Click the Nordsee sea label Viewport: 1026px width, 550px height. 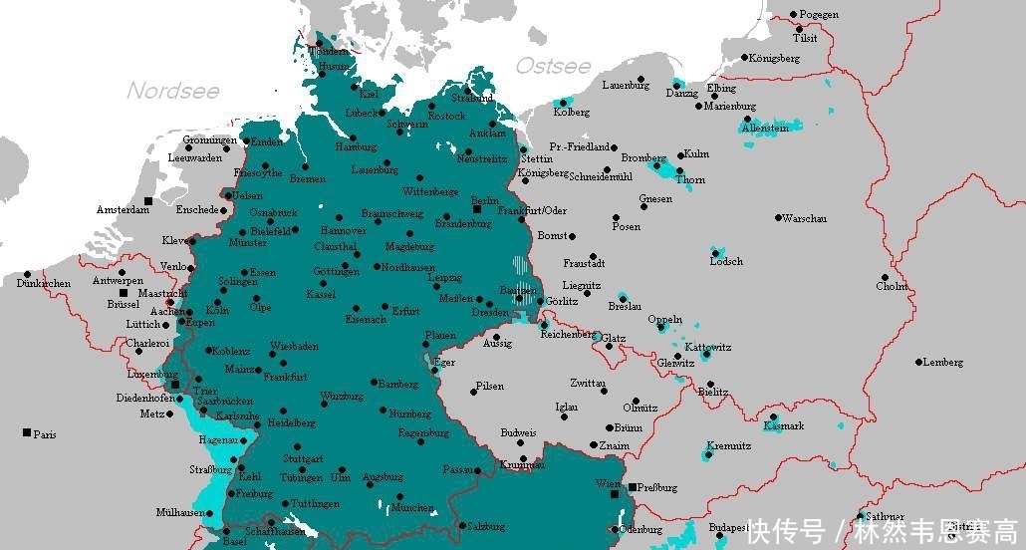(x=172, y=91)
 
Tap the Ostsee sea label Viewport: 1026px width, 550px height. (x=553, y=66)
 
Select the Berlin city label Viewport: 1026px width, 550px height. (x=484, y=199)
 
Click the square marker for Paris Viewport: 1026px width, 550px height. (x=26, y=432)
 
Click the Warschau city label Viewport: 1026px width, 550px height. (x=805, y=218)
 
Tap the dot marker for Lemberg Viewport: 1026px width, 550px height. (x=919, y=362)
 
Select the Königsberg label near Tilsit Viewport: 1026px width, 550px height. (x=774, y=58)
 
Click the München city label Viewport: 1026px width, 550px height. (x=411, y=507)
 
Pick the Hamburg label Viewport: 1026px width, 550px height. (x=356, y=146)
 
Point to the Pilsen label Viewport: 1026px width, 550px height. (x=490, y=386)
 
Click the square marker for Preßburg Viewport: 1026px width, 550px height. (x=633, y=486)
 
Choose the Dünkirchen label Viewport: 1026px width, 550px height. (x=44, y=284)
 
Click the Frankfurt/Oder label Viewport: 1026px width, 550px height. (x=532, y=210)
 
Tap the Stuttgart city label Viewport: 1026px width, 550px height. (x=304, y=459)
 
